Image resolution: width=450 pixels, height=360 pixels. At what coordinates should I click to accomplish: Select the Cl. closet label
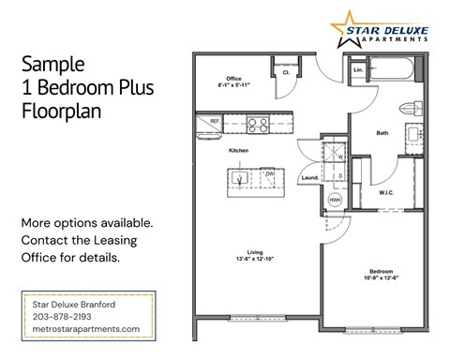point(284,71)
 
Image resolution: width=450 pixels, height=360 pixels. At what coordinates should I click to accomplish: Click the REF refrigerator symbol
point(214,121)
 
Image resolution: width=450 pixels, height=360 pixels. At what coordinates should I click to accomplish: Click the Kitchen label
point(238,150)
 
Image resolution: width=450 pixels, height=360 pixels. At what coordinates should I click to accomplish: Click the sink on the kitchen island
point(242,175)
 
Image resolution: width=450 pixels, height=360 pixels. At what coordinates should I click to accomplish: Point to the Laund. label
point(312,177)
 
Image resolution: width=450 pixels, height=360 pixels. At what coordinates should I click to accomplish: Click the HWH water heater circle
point(334,199)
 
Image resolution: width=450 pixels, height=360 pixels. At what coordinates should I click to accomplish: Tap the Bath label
point(382,132)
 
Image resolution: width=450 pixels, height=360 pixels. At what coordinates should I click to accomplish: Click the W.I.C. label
point(388,192)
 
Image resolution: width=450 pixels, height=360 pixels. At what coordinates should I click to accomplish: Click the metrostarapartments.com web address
point(85,329)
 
